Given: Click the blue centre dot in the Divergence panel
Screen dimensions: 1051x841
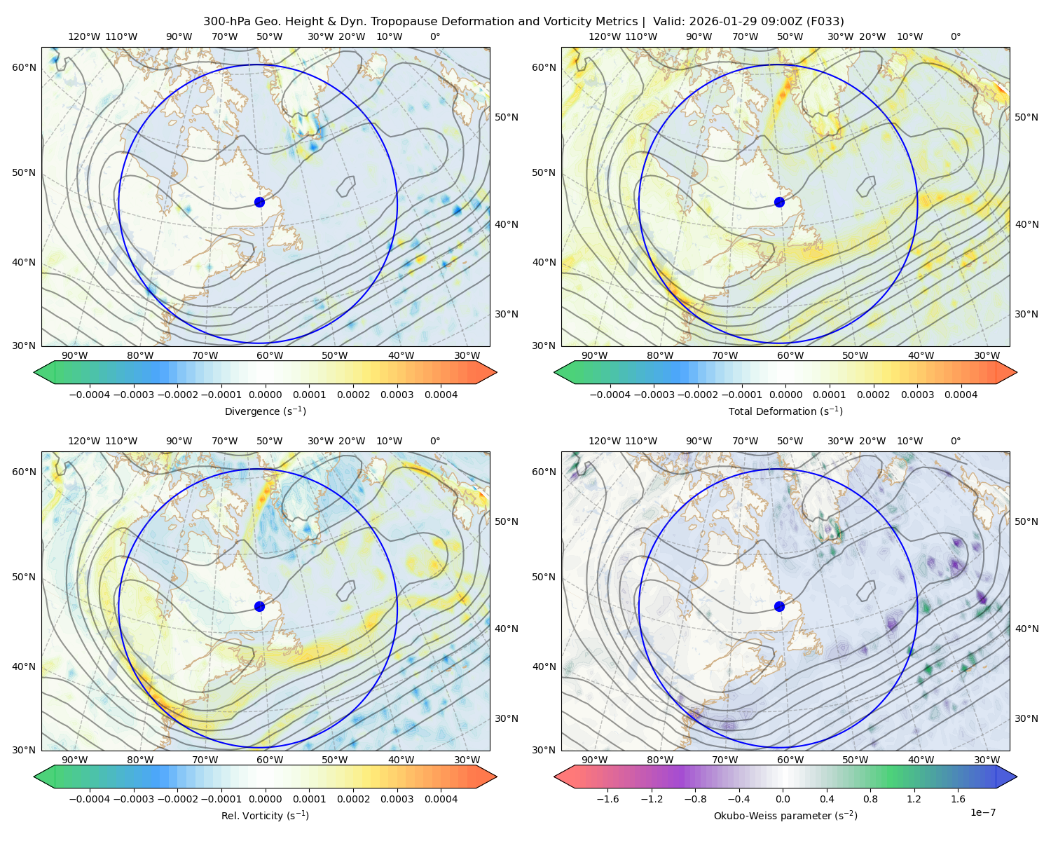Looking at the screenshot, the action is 259,202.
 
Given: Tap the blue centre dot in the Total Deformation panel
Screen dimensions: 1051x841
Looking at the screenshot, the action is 779,202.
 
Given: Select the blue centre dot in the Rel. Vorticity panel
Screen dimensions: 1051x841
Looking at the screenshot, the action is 259,606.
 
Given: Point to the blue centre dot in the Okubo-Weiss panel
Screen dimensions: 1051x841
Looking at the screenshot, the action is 779,606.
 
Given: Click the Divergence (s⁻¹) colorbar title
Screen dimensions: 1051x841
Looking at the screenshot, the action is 265,411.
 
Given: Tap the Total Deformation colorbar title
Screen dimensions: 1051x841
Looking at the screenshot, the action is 785,411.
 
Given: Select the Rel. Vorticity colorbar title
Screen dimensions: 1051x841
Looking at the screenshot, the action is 265,815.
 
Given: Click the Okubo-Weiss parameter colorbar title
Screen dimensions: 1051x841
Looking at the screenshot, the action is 785,815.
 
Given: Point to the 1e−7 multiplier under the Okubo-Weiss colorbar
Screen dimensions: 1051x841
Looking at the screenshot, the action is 982,812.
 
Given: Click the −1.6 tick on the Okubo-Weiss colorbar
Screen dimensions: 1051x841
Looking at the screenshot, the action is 607,798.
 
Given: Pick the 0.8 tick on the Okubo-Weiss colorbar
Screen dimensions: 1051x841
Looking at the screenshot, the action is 870,798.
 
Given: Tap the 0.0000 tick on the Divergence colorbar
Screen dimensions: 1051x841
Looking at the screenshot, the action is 265,395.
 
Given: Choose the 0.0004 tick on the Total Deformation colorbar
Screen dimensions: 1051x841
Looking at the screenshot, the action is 961,395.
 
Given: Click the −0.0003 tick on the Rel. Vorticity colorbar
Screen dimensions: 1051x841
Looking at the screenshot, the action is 133,798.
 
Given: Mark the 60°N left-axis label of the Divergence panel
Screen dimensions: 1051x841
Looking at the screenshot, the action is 24,67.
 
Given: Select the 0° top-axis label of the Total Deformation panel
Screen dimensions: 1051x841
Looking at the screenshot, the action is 955,36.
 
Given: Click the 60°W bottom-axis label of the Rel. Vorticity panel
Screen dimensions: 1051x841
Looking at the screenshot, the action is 270,760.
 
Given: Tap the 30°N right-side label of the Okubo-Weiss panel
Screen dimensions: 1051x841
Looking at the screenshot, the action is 1026,718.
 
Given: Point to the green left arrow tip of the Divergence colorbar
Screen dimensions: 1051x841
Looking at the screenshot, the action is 34,372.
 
